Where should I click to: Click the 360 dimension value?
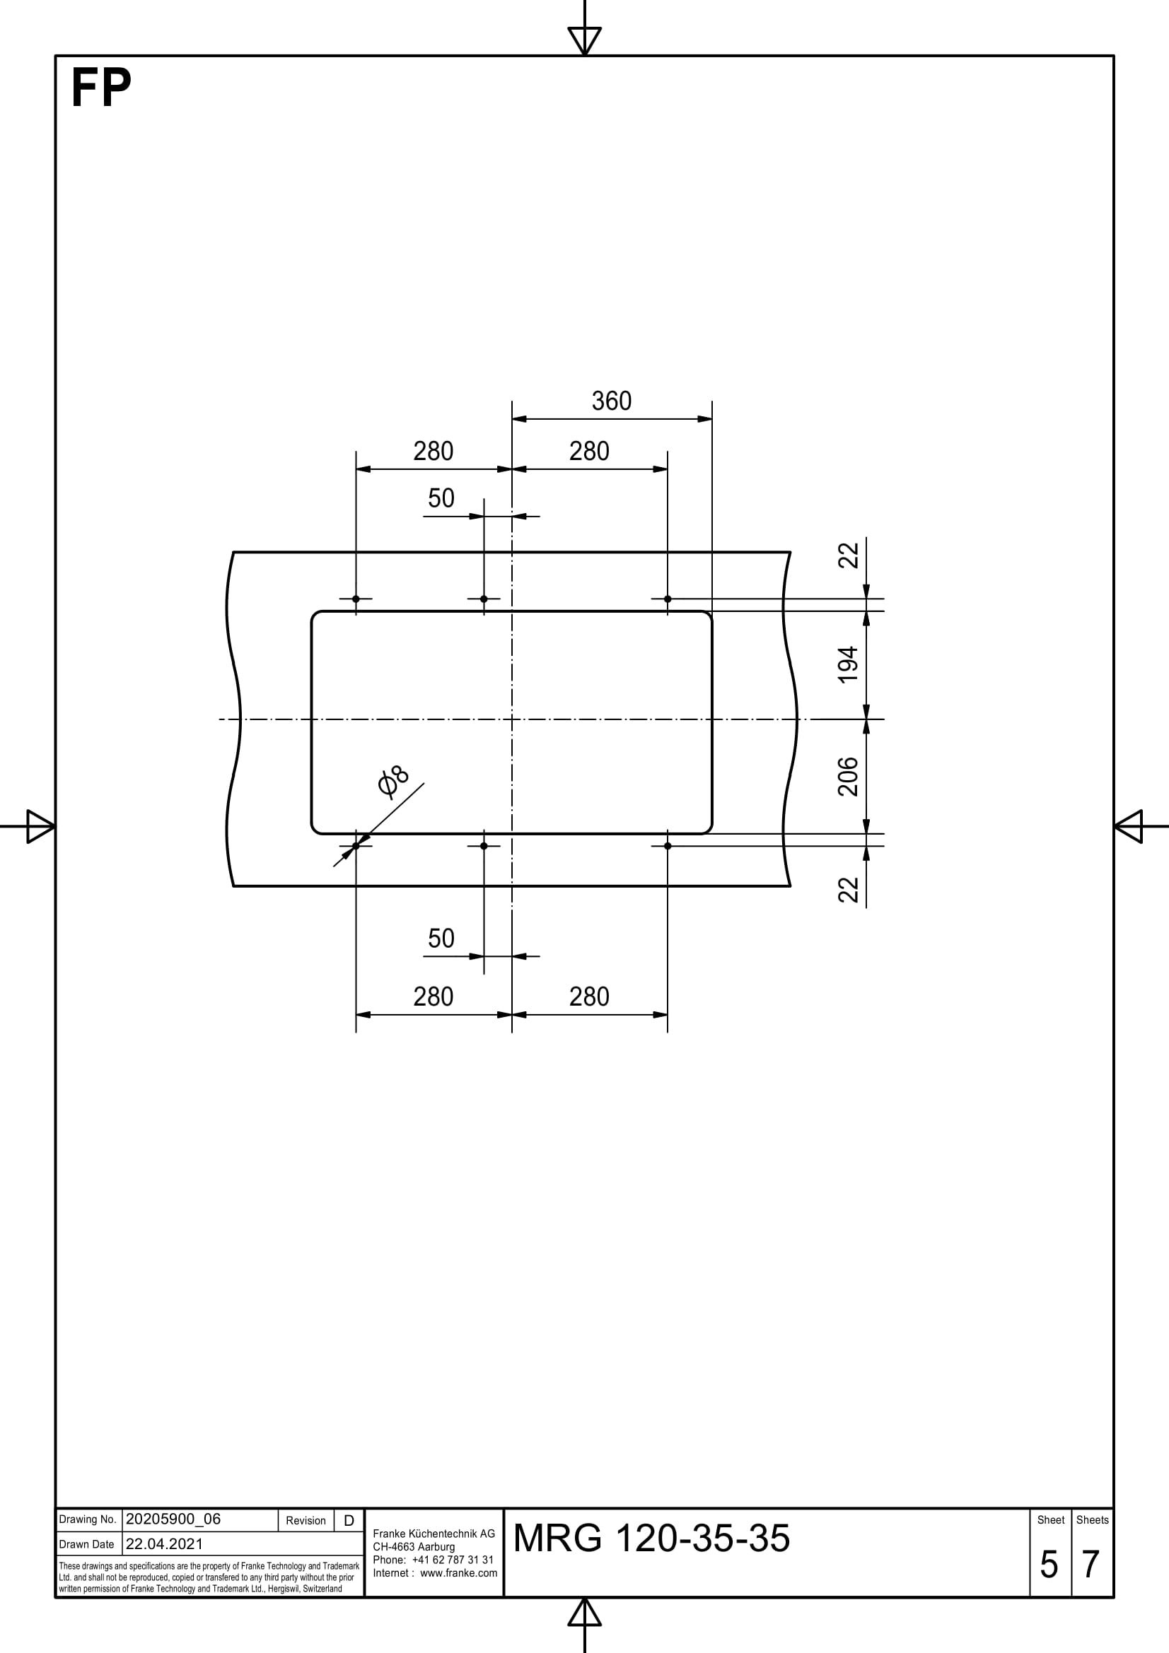612,401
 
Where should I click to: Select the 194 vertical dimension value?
849,664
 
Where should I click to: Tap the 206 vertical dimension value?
849,776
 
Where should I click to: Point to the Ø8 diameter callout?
393,782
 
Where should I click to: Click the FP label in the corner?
101,88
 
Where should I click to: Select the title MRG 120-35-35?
651,1538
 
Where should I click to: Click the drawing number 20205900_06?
173,1519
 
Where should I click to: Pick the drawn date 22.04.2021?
164,1543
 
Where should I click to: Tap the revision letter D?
349,1521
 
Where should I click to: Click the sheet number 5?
1049,1565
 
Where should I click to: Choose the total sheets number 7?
1091,1565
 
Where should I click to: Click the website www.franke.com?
459,1572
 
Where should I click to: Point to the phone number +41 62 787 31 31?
453,1560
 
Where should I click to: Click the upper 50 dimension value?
441,498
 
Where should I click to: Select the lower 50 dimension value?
441,939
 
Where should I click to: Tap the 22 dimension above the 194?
849,555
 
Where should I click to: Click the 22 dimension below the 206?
849,890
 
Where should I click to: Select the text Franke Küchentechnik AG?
434,1534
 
